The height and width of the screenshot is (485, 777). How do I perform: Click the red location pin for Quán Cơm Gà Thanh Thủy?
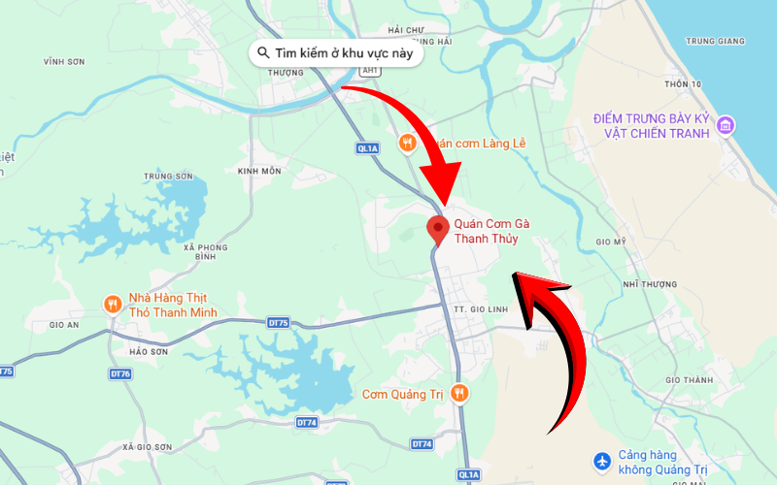click(438, 229)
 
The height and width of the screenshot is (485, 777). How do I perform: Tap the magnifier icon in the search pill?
click(263, 52)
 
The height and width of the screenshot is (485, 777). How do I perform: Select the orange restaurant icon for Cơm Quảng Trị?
click(460, 393)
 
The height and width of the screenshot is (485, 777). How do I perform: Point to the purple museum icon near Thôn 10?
click(726, 125)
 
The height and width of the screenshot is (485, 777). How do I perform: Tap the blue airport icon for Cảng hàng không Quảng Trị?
click(603, 460)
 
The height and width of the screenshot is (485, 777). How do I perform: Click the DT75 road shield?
click(279, 322)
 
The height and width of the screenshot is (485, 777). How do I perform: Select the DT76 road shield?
click(120, 373)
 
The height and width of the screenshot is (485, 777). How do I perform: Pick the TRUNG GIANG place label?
click(715, 41)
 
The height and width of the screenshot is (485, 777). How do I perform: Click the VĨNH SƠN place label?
click(64, 61)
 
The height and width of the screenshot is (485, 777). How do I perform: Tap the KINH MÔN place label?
click(258, 171)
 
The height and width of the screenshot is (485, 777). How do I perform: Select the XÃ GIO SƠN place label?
click(148, 446)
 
